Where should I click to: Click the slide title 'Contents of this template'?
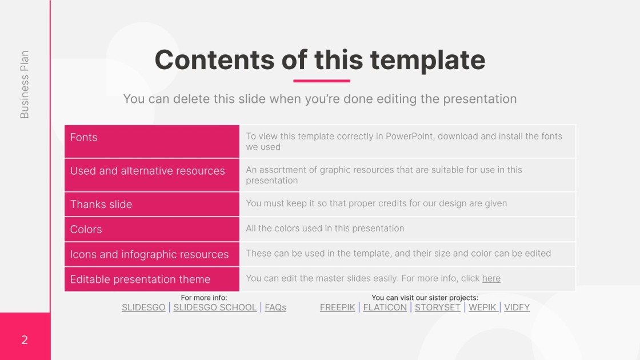[x=320, y=60]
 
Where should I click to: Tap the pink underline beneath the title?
[x=321, y=81]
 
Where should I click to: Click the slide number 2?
[x=25, y=341]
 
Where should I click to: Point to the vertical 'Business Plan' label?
[x=25, y=85]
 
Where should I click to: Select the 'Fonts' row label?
[x=84, y=137]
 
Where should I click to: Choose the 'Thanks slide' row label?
[x=101, y=204]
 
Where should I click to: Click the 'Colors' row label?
[x=86, y=229]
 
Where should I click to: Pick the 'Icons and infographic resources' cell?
[x=149, y=254]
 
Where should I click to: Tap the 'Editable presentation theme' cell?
[x=141, y=279]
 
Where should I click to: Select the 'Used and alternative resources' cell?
[x=147, y=171]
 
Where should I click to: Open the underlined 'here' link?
[x=491, y=278]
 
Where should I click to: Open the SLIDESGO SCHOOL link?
[x=215, y=307]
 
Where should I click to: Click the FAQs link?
[x=275, y=307]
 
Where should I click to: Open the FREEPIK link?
[x=337, y=307]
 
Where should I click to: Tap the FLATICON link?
[x=385, y=307]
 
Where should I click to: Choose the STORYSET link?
[x=437, y=307]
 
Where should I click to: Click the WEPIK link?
[x=482, y=307]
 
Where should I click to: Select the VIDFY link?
[x=517, y=307]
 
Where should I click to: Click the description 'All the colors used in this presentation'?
[x=325, y=229]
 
